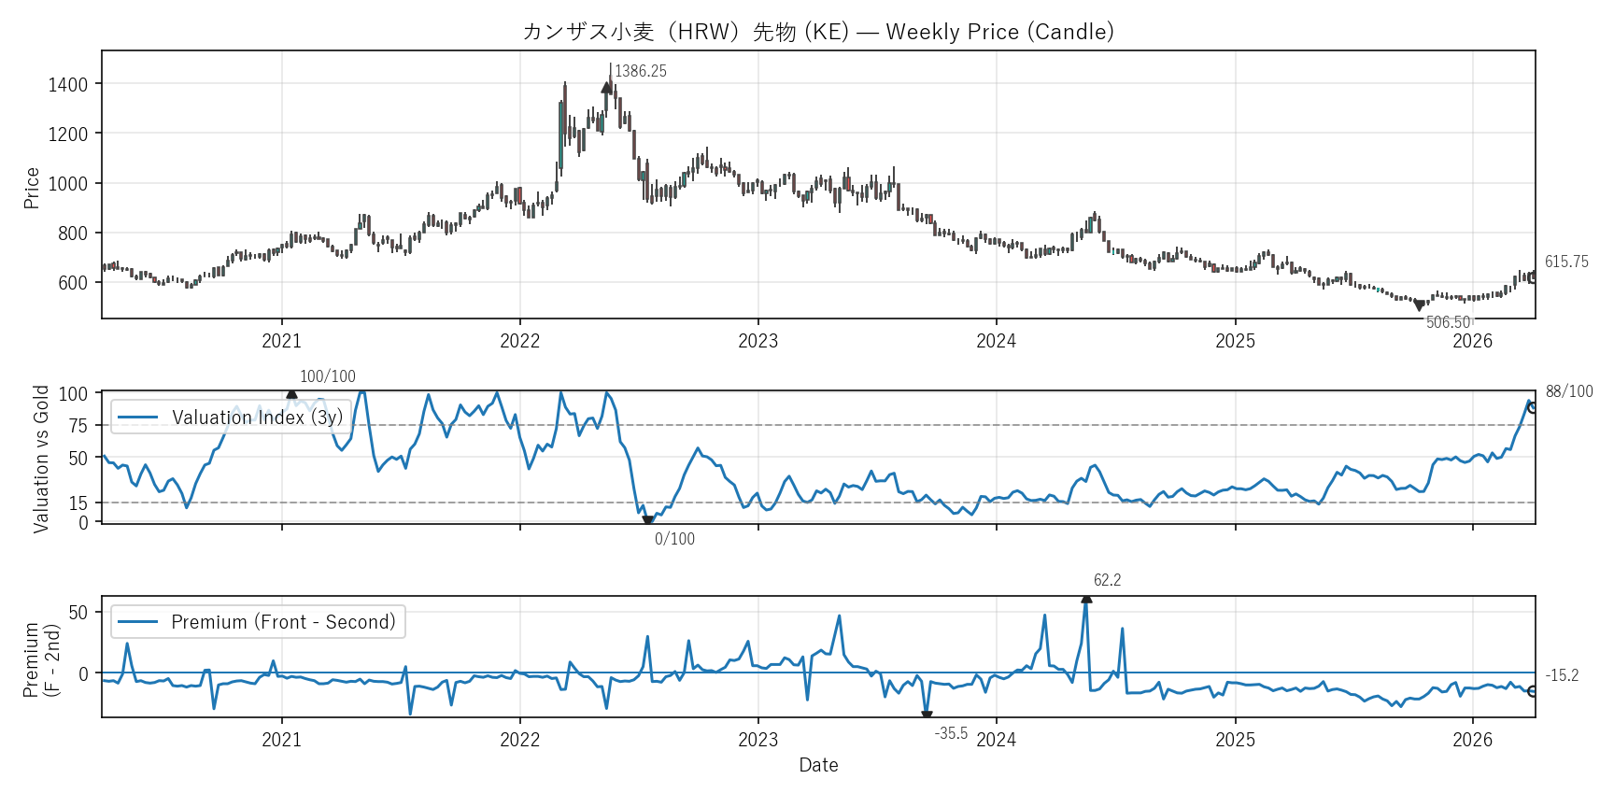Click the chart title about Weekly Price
click(818, 32)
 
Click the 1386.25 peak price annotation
click(641, 71)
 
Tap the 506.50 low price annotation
click(1448, 322)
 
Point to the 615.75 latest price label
click(1566, 262)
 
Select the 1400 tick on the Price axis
click(68, 85)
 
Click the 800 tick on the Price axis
click(73, 234)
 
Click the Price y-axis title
click(32, 188)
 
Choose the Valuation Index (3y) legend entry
click(257, 418)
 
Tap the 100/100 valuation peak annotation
click(327, 376)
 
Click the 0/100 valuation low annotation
click(674, 539)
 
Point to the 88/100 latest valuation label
click(1569, 391)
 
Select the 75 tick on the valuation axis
click(78, 426)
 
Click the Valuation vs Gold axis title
click(41, 459)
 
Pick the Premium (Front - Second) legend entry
click(283, 622)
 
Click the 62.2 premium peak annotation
click(1107, 580)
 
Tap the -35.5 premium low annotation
click(951, 733)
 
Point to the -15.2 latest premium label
click(1562, 675)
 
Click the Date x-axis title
click(818, 765)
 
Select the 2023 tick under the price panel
click(757, 341)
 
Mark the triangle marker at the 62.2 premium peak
click(1086, 599)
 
